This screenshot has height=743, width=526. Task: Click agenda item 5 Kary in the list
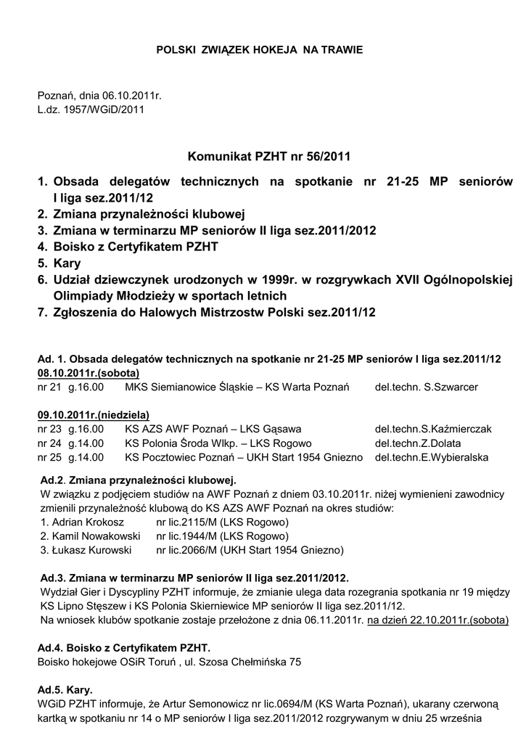pos(66,263)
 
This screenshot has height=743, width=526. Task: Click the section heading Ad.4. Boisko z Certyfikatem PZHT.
pos(124,647)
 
